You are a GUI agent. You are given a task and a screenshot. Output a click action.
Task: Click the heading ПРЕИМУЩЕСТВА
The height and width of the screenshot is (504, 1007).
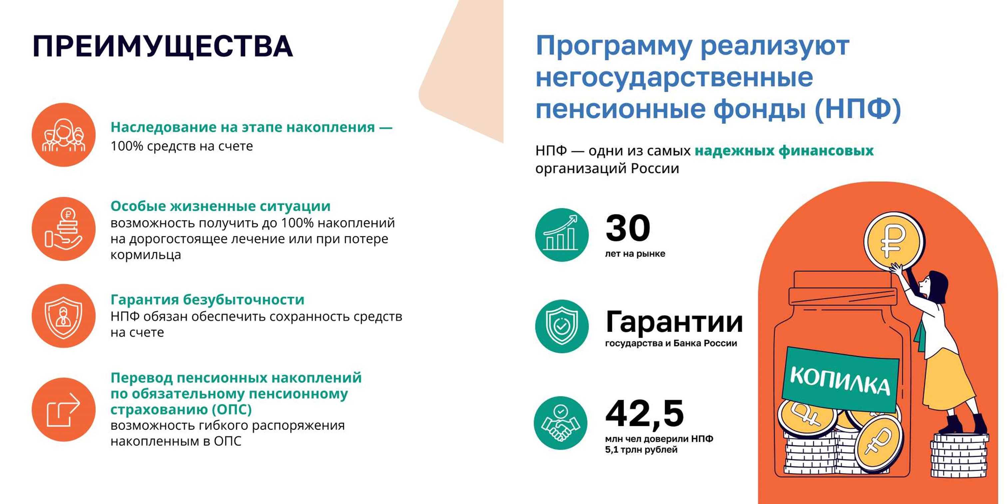click(163, 47)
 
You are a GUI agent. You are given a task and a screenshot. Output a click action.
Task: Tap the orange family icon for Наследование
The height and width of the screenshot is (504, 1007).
click(64, 135)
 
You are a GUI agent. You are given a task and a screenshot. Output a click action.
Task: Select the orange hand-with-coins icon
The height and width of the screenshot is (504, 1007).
click(64, 229)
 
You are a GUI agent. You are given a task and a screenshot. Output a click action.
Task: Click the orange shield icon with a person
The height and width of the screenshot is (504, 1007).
click(64, 316)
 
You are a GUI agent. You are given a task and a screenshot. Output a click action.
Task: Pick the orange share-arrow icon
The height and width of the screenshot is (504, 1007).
click(64, 409)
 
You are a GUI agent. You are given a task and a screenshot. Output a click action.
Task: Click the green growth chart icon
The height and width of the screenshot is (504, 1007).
click(562, 235)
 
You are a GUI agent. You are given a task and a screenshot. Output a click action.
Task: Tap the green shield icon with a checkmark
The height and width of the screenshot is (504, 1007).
click(562, 326)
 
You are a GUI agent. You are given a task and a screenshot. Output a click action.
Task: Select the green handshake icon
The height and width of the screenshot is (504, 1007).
click(560, 423)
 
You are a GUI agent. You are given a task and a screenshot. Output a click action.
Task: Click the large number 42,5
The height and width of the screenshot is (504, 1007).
click(645, 414)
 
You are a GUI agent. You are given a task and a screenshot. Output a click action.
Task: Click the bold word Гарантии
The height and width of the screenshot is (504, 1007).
click(674, 322)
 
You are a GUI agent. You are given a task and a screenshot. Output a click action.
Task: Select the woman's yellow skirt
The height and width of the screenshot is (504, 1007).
click(948, 382)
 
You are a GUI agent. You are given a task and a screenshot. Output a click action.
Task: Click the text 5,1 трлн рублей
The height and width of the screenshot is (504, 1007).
click(641, 450)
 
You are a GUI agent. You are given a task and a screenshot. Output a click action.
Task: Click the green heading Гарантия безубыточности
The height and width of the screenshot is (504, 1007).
click(207, 300)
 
